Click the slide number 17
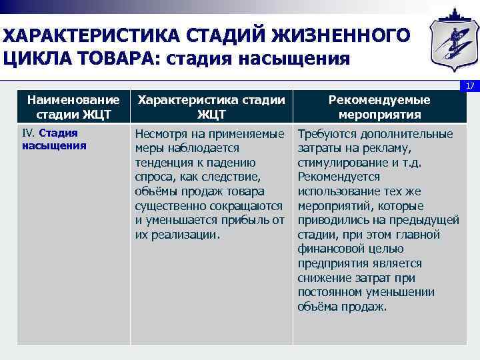tap(470, 86)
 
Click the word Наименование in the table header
tap(69, 99)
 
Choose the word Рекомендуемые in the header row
tap(379, 99)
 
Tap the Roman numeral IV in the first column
tap(28, 133)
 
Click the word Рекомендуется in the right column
tap(339, 177)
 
